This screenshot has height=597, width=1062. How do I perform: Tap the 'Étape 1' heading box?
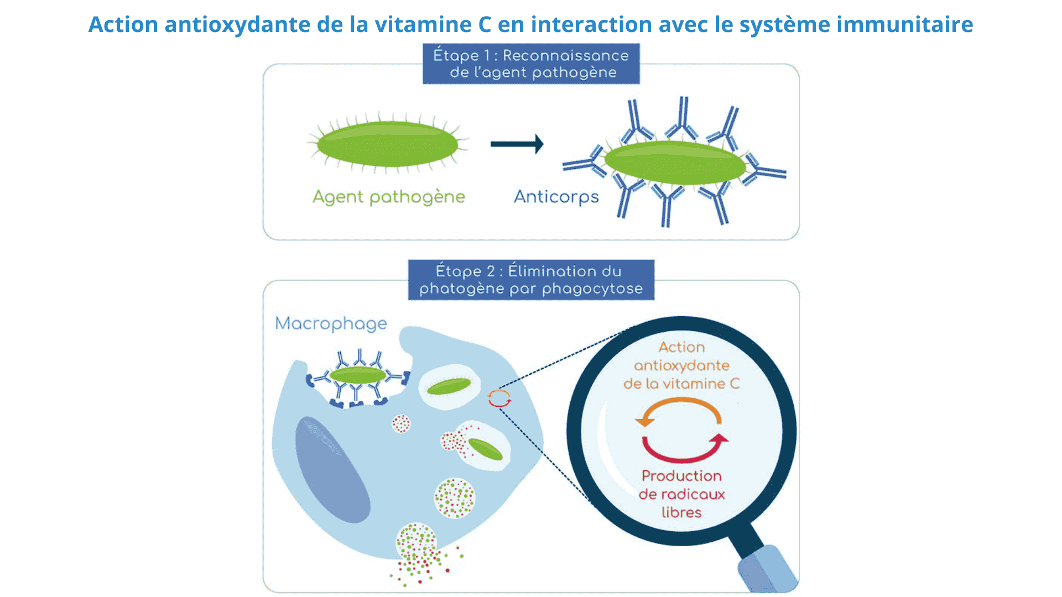(531, 64)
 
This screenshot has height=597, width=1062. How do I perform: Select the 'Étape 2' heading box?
(531, 280)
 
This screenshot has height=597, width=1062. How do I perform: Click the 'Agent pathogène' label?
(389, 197)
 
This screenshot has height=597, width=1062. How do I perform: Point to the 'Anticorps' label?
(556, 197)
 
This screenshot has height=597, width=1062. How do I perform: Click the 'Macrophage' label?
(331, 324)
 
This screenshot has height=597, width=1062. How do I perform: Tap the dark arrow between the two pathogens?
(517, 144)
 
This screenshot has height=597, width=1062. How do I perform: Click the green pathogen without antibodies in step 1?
(387, 144)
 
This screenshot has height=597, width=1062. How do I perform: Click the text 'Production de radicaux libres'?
(681, 494)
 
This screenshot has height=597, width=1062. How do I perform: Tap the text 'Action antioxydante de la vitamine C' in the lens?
(681, 365)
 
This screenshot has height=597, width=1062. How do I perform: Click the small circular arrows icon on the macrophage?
(499, 398)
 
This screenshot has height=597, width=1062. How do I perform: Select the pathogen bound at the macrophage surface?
(358, 375)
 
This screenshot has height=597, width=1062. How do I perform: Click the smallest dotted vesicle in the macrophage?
(401, 424)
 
